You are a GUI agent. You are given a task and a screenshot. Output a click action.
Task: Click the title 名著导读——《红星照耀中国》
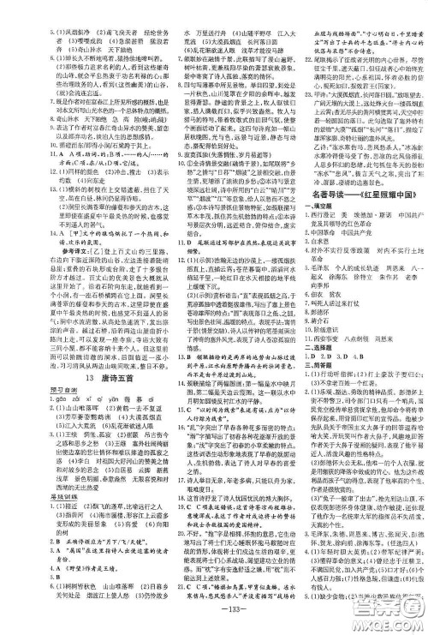coord(354,195)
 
